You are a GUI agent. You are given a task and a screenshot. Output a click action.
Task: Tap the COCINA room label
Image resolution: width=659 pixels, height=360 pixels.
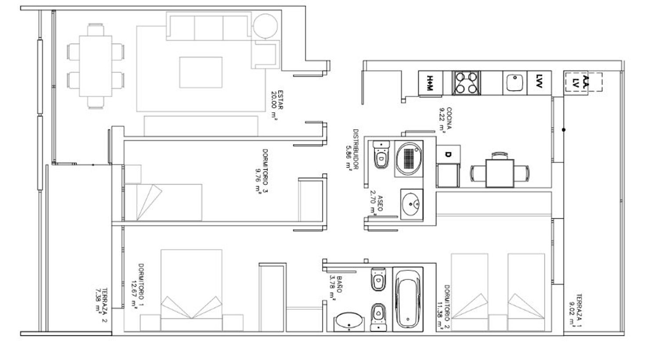click(449, 118)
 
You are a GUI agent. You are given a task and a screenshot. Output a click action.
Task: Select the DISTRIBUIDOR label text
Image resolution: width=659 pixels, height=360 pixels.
click(356, 149)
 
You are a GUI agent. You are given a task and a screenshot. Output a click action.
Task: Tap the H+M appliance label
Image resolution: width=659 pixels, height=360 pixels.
click(430, 83)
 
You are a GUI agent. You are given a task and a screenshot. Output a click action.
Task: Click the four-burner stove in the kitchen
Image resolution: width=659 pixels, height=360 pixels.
click(466, 83)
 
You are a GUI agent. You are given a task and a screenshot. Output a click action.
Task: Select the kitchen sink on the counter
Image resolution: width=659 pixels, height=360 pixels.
click(514, 83)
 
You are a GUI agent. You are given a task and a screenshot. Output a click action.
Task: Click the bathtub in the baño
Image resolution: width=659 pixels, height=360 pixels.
click(408, 299)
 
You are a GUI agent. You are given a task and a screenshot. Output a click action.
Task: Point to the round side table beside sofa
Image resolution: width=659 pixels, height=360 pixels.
click(265, 26)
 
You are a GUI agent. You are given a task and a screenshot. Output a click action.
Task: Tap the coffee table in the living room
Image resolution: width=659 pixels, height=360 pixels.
click(201, 73)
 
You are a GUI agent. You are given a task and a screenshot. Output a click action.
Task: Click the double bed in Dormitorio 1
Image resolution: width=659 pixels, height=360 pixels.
click(191, 290)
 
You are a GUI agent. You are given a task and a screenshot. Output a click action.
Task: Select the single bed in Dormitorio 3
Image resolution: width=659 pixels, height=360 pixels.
click(163, 203)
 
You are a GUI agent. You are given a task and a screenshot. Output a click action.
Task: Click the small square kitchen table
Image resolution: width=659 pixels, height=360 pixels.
click(500, 173)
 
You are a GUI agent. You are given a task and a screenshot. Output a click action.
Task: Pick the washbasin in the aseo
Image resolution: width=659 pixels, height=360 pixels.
click(411, 204)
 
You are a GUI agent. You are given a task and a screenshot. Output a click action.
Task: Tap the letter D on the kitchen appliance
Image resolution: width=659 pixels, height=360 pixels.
click(448, 154)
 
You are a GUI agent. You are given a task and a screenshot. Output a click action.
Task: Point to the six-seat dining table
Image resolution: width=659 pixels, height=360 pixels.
click(96, 66)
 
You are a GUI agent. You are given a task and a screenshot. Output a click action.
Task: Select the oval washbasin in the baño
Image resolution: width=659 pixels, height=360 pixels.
click(349, 320)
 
